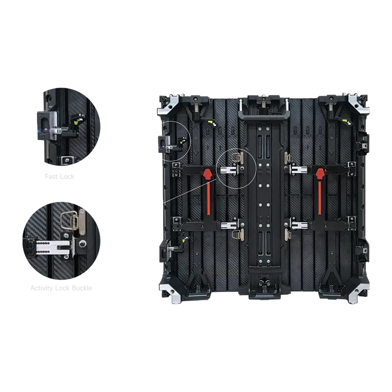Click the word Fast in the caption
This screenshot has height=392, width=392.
click(52, 176)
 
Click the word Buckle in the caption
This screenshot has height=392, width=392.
click(82, 288)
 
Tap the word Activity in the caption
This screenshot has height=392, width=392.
click(42, 288)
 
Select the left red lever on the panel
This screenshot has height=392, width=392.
click(208, 192)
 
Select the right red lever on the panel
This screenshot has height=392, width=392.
click(320, 192)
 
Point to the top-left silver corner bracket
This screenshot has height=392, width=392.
click(168, 104)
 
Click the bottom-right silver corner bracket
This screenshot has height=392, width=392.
click(358, 293)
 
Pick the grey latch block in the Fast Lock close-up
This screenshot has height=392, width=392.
click(46, 124)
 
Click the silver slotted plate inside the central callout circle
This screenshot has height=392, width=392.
click(228, 170)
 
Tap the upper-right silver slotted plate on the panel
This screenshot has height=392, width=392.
click(299, 170)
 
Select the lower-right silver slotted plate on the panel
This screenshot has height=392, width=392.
click(299, 225)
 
